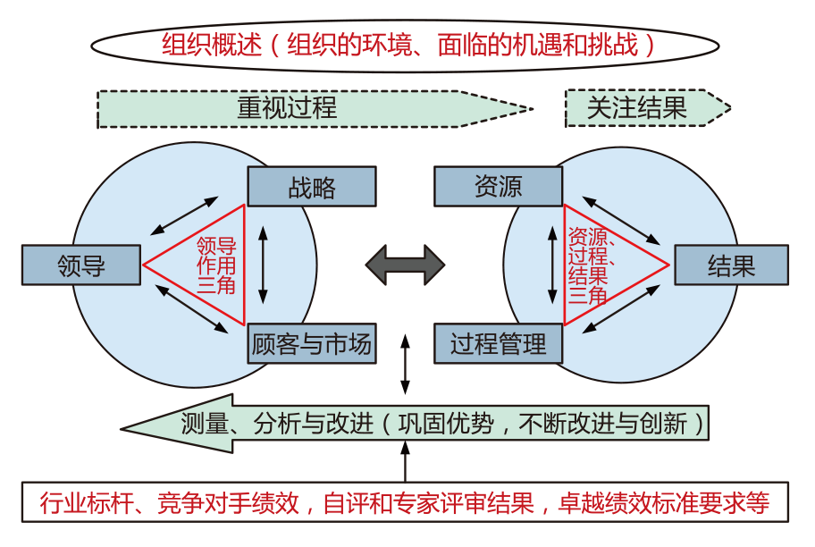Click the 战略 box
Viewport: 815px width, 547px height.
(x=311, y=187)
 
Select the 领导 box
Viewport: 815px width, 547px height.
(x=81, y=265)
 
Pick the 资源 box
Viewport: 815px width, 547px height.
(x=499, y=187)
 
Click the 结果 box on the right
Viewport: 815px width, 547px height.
(x=731, y=265)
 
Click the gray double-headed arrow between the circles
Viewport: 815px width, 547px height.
(x=405, y=265)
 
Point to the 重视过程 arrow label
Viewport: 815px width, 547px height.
(x=287, y=108)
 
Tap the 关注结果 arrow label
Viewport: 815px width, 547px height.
(x=636, y=108)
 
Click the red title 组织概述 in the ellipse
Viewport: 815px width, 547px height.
(x=214, y=44)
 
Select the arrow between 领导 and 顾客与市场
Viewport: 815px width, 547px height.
(x=190, y=310)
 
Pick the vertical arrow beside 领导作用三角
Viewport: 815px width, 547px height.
(x=263, y=265)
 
